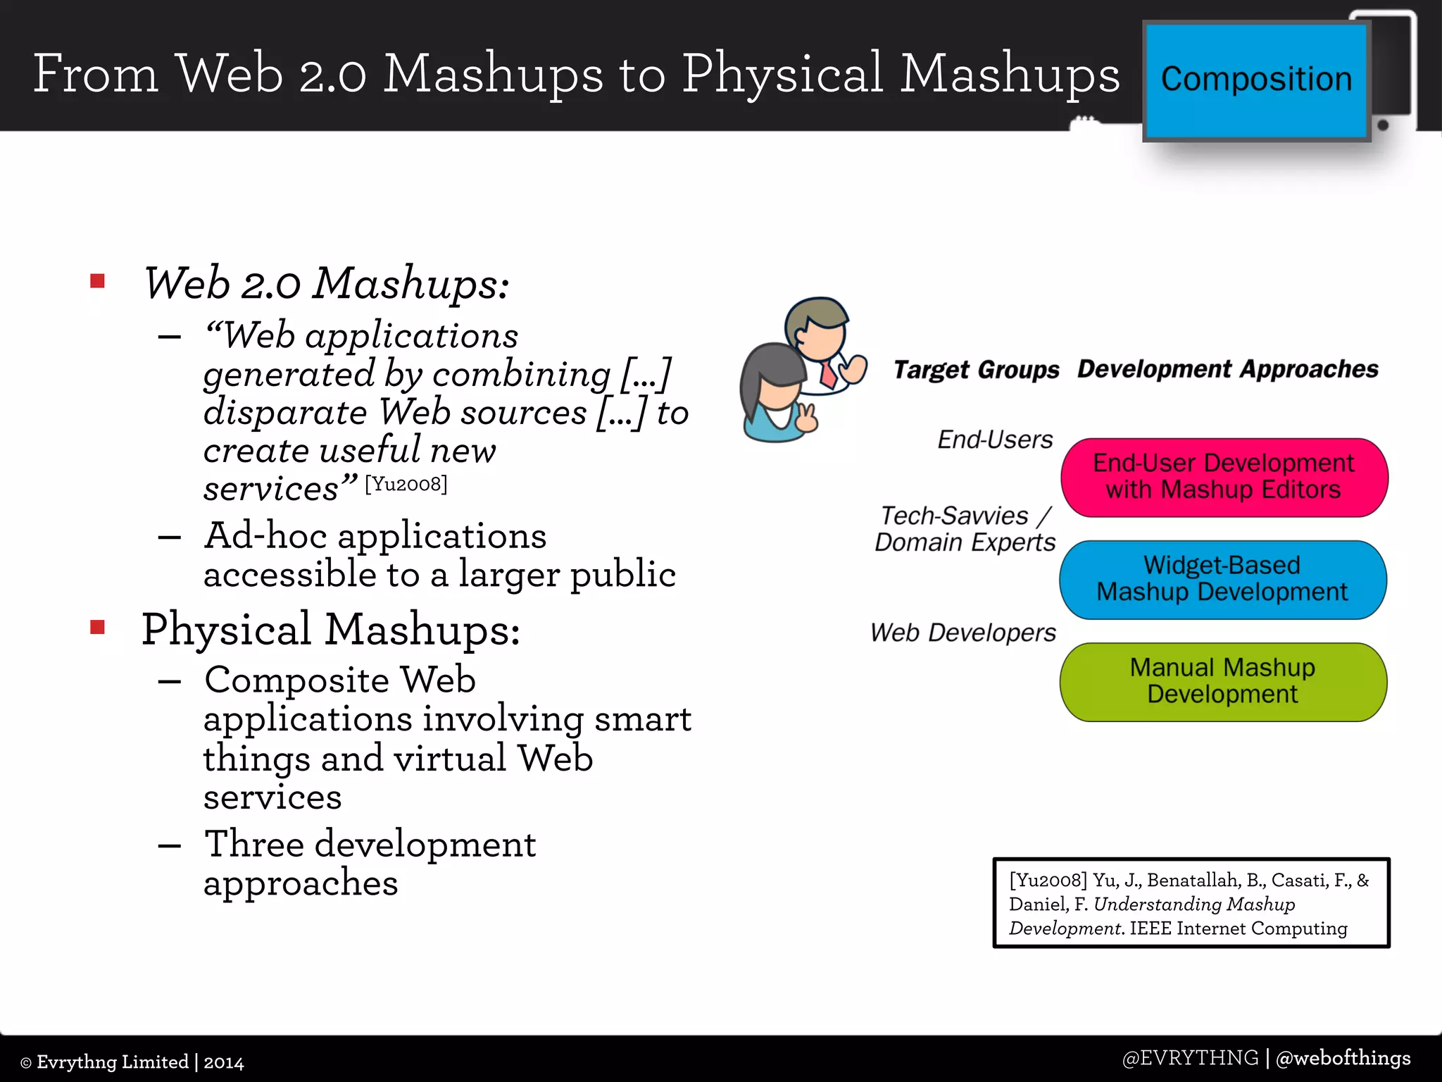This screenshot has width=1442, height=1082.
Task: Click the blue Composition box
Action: click(1255, 80)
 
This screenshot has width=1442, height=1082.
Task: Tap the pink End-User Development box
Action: click(1224, 477)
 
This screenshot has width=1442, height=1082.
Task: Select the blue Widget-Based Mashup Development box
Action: click(1222, 579)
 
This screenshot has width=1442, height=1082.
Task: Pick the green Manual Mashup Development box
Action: click(1222, 681)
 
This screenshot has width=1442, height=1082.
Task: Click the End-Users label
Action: click(994, 440)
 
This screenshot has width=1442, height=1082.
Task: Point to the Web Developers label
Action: click(963, 633)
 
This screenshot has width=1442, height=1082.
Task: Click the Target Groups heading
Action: click(976, 370)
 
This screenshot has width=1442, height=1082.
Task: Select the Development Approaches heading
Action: click(1227, 369)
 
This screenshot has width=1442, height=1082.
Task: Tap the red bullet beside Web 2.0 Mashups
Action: click(98, 282)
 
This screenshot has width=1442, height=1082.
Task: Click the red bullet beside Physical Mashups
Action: click(98, 627)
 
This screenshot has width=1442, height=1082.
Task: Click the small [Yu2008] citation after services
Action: click(406, 484)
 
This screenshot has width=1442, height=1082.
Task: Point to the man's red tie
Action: click(828, 375)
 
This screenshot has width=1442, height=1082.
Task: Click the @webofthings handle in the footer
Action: click(1343, 1058)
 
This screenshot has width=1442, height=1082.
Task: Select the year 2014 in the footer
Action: click(224, 1062)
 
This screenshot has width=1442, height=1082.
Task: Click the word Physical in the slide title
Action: click(782, 74)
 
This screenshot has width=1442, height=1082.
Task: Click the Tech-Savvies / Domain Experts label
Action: click(965, 529)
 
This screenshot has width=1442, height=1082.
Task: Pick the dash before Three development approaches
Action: click(170, 845)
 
